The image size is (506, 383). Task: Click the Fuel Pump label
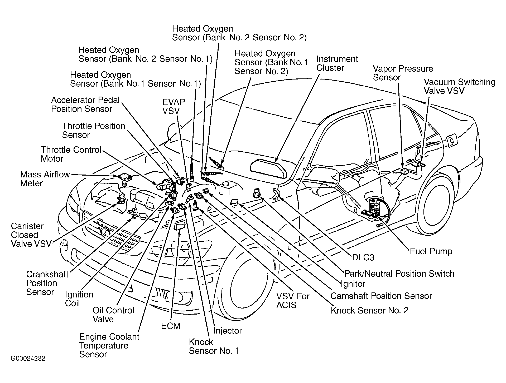click(431, 251)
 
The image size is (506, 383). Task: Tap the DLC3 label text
click(363, 257)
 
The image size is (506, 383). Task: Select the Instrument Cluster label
click(337, 63)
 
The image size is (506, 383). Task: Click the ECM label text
click(171, 326)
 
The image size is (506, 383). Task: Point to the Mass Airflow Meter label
click(45, 179)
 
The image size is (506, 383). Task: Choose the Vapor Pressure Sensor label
click(403, 73)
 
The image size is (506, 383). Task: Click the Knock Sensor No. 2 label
click(369, 310)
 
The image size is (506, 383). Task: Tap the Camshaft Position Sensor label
click(381, 296)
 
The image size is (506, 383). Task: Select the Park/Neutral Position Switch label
click(399, 274)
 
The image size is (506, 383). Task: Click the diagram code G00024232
click(28, 359)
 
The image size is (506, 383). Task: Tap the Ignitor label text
click(353, 284)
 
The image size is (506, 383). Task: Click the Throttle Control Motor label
click(71, 154)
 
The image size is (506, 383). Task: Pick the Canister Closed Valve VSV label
click(31, 235)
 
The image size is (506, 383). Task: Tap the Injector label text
click(227, 331)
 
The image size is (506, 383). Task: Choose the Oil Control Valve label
click(113, 315)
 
